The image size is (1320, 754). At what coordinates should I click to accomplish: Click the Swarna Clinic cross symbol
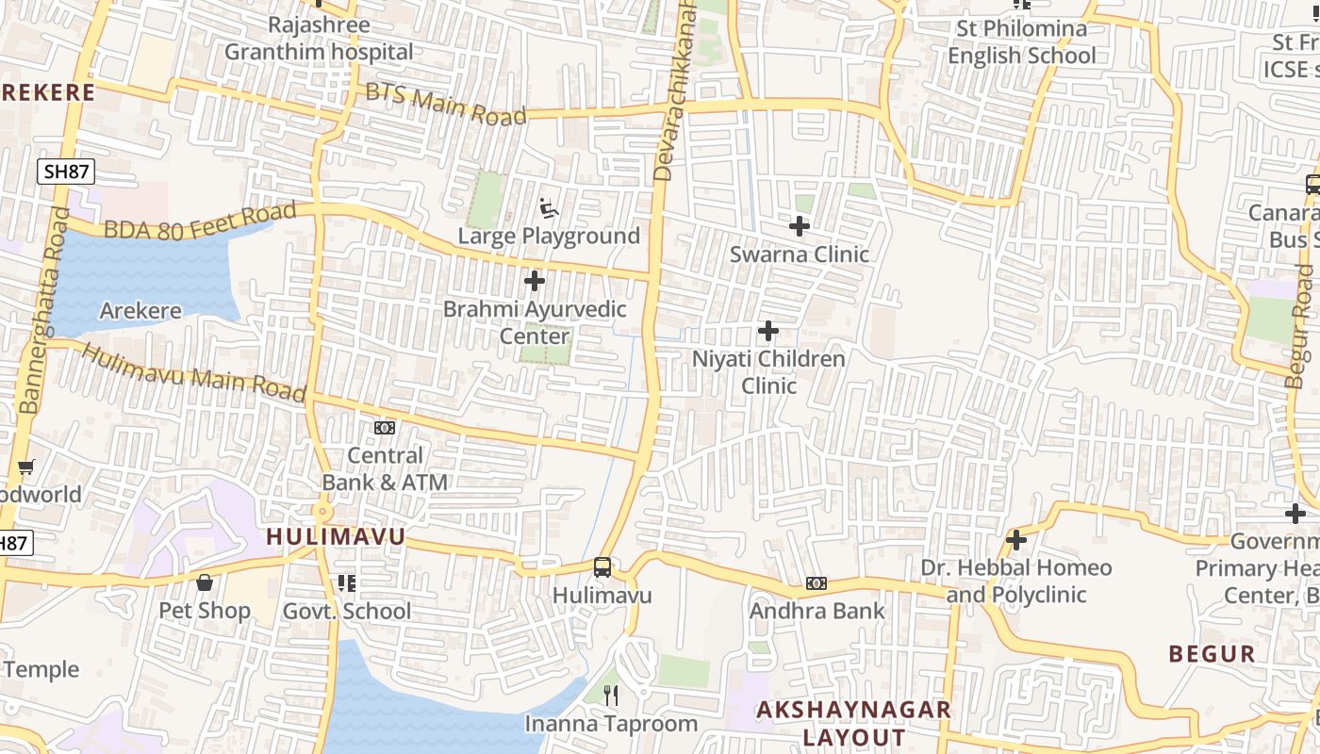pyautogui.click(x=800, y=226)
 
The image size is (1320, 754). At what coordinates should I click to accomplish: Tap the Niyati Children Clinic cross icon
pyautogui.click(x=768, y=331)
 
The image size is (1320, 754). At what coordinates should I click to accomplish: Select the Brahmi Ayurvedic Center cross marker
pyautogui.click(x=535, y=281)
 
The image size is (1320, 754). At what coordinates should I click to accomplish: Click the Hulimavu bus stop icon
pyautogui.click(x=602, y=567)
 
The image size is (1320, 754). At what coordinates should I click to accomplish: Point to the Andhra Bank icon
pyautogui.click(x=817, y=583)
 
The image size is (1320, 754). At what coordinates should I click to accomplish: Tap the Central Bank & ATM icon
pyautogui.click(x=385, y=428)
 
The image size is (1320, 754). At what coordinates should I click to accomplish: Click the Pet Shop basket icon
pyautogui.click(x=205, y=582)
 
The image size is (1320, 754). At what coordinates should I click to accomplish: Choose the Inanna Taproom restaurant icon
pyautogui.click(x=611, y=696)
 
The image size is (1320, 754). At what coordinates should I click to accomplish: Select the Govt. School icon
pyautogui.click(x=347, y=583)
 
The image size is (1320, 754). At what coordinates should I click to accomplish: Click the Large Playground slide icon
pyautogui.click(x=549, y=206)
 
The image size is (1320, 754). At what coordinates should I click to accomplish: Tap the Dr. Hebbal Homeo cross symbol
pyautogui.click(x=1015, y=540)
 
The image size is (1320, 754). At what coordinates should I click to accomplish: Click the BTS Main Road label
pyautogui.click(x=445, y=105)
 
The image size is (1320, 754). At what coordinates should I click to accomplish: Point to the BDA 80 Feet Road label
pyautogui.click(x=200, y=222)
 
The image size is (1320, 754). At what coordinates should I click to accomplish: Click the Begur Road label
pyautogui.click(x=1300, y=326)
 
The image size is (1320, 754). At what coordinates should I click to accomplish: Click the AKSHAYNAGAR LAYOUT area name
pyautogui.click(x=854, y=723)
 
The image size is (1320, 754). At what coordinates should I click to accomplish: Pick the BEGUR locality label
pyautogui.click(x=1212, y=654)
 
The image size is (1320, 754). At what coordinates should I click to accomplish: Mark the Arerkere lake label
pyautogui.click(x=140, y=311)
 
